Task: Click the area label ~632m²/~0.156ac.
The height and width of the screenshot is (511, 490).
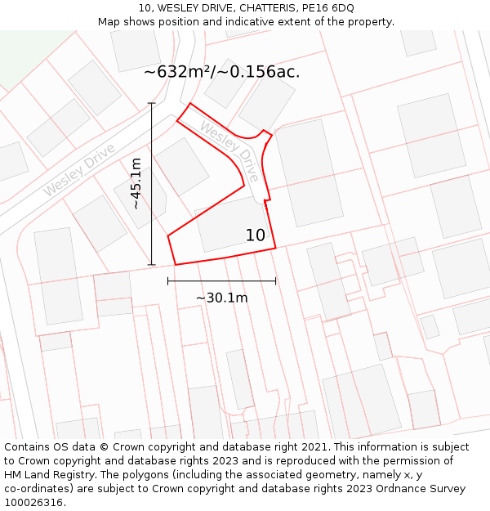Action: [221, 72]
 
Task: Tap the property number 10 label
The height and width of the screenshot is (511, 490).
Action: [256, 235]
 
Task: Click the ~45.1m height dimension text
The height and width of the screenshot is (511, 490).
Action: [136, 184]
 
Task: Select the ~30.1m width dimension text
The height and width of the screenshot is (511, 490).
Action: [221, 298]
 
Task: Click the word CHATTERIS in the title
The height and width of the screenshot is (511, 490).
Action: [261, 8]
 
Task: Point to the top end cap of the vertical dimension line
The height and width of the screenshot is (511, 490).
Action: [152, 103]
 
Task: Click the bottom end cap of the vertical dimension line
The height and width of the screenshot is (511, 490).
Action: [152, 265]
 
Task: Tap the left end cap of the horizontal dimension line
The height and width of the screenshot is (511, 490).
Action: [167, 281]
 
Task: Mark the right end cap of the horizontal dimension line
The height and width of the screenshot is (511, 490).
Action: [275, 281]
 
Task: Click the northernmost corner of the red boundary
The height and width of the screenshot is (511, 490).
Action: [190, 104]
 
